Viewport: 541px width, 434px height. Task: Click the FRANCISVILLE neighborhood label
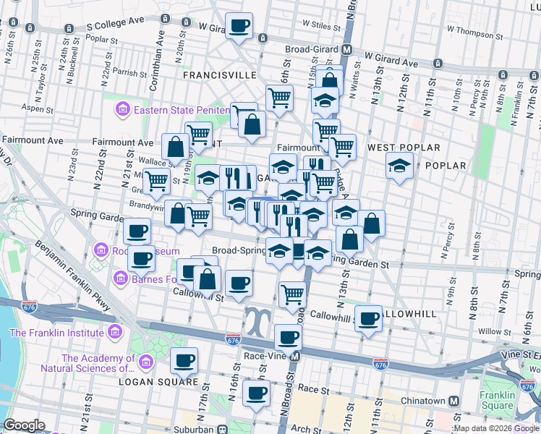(219, 75)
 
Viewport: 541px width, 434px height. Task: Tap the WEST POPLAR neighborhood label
(403, 148)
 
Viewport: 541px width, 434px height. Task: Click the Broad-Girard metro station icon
(347, 50)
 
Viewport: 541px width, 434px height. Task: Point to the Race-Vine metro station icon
(295, 357)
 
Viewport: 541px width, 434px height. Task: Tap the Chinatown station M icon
(454, 401)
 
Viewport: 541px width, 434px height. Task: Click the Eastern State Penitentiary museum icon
(122, 110)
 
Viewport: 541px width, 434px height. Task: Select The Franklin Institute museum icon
(114, 333)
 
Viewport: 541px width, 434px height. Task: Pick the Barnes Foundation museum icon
(121, 277)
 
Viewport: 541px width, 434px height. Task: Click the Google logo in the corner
(24, 425)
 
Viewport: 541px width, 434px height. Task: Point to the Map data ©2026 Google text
(496, 428)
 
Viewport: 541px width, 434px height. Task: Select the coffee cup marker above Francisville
(240, 27)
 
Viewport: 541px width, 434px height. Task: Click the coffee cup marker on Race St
(256, 393)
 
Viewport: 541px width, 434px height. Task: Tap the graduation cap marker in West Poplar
(399, 166)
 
